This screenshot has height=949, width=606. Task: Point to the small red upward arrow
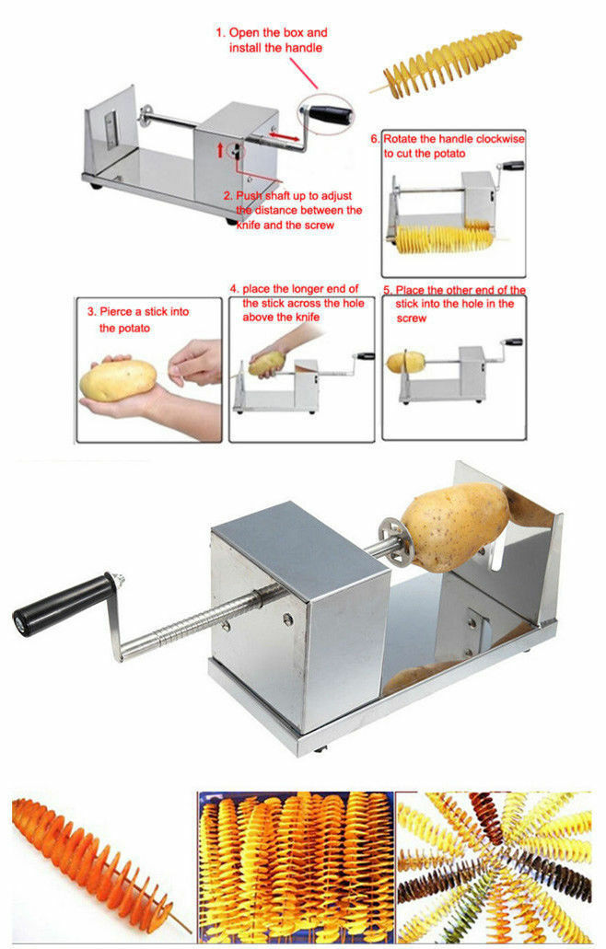[x=220, y=149]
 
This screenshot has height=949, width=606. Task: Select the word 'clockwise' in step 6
[x=500, y=139]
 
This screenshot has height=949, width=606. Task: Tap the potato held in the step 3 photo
[x=118, y=380]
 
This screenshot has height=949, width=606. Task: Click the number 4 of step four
[x=233, y=289]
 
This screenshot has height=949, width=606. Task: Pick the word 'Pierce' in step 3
[x=116, y=312]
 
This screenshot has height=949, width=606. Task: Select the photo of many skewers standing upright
[x=295, y=867]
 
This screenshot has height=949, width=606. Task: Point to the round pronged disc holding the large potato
[x=391, y=537]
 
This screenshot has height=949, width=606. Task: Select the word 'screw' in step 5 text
[x=411, y=318]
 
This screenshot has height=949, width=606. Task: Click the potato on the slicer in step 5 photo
[x=405, y=362]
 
